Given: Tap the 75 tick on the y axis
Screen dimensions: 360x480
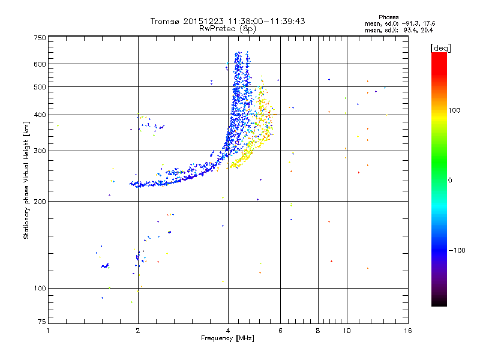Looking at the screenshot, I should point(41,323).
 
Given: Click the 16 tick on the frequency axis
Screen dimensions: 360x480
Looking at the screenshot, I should point(407,331).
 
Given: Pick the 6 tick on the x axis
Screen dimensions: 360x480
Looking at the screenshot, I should point(280,331).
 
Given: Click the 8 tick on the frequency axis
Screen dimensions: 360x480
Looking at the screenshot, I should point(318,331).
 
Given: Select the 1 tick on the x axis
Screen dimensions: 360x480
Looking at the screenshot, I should point(48,331).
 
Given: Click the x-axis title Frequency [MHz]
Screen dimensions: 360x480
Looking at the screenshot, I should point(228,338).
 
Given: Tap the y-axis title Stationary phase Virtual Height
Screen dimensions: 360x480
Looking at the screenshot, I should point(26,181).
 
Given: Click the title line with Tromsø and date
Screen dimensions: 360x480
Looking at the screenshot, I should point(228,21).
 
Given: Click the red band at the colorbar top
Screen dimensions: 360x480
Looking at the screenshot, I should point(439,56).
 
